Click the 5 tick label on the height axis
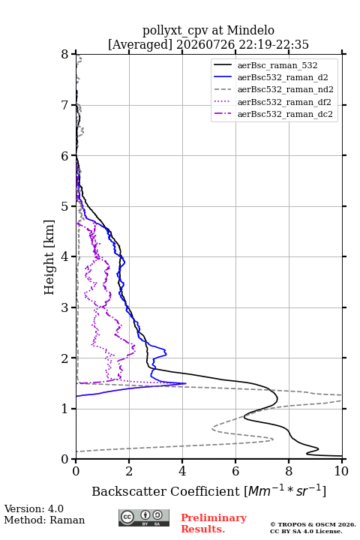tap(65, 206)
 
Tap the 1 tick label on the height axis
tap(65, 409)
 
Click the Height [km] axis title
tap(49, 257)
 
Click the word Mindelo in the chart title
tap(250, 30)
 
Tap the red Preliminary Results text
tap(214, 523)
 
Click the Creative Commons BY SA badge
tap(144, 518)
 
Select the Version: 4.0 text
tap(34, 508)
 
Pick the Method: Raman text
tap(44, 520)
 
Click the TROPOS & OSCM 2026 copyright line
tap(313, 524)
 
